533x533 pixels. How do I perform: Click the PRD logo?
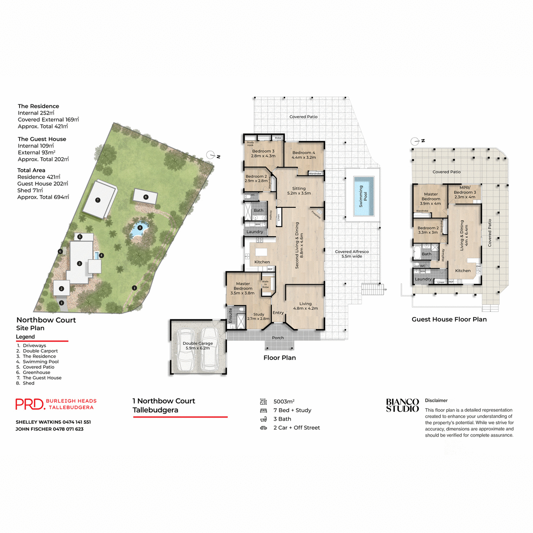tap(30, 404)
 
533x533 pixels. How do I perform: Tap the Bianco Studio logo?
tap(402, 405)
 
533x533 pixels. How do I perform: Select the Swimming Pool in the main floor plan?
tap(363, 196)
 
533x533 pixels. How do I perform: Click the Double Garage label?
tap(198, 346)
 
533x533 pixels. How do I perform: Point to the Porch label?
tap(278, 338)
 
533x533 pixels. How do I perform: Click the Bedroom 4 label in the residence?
tap(304, 155)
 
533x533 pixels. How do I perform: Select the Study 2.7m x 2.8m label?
tap(259, 316)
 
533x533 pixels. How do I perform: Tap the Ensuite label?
tap(231, 315)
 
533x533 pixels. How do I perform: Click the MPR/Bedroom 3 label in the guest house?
tap(465, 192)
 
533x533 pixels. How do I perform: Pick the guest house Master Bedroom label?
tap(430, 199)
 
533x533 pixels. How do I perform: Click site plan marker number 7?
tap(98, 200)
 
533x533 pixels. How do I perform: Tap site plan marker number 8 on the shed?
tap(146, 197)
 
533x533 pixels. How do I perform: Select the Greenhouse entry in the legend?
tap(36, 372)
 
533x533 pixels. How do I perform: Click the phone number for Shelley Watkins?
tap(76, 422)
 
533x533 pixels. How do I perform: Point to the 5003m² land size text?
tap(284, 401)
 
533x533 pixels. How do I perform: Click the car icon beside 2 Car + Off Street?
tap(263, 428)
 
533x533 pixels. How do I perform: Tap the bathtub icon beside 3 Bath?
tap(263, 419)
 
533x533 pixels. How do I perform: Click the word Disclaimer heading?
tap(436, 400)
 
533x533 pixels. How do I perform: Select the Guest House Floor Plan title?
tap(449, 319)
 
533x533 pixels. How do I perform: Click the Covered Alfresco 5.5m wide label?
tap(352, 254)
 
